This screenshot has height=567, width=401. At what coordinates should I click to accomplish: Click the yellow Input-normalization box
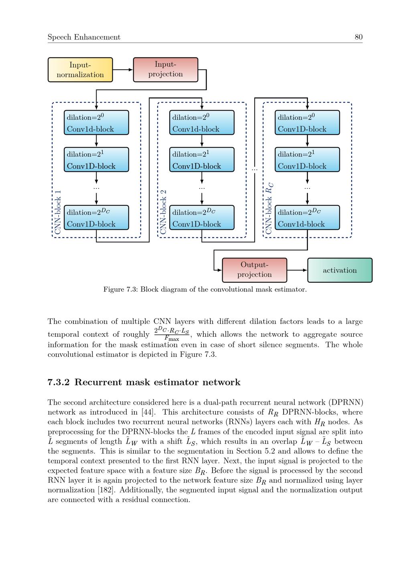[x=80, y=70]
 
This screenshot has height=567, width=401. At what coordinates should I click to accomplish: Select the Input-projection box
[x=166, y=70]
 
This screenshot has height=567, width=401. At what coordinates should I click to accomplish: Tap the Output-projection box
[x=254, y=270]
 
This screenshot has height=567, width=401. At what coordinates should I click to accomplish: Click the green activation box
[x=340, y=270]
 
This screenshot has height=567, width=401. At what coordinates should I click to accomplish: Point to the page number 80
[x=358, y=37]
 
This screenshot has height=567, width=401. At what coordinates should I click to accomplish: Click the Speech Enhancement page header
[x=84, y=37]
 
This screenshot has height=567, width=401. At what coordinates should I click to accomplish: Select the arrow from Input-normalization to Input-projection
[x=123, y=70]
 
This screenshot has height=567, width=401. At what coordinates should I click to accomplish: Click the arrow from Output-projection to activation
[x=297, y=270]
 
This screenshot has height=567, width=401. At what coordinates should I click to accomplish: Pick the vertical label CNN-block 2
[x=164, y=212]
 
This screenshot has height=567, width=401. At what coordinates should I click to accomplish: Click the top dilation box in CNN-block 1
[x=96, y=123]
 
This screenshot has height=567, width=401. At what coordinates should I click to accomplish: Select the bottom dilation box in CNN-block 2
[x=202, y=217]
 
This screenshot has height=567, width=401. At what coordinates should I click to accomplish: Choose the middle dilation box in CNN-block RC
[x=307, y=160]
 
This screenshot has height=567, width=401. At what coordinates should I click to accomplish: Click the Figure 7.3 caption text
[x=205, y=289]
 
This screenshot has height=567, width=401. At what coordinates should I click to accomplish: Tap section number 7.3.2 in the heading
[x=59, y=382]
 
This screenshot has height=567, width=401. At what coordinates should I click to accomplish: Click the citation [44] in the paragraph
[x=148, y=412]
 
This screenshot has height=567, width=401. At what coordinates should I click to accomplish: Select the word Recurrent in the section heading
[x=98, y=382]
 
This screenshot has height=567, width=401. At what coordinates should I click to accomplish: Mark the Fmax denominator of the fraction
[x=172, y=338]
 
